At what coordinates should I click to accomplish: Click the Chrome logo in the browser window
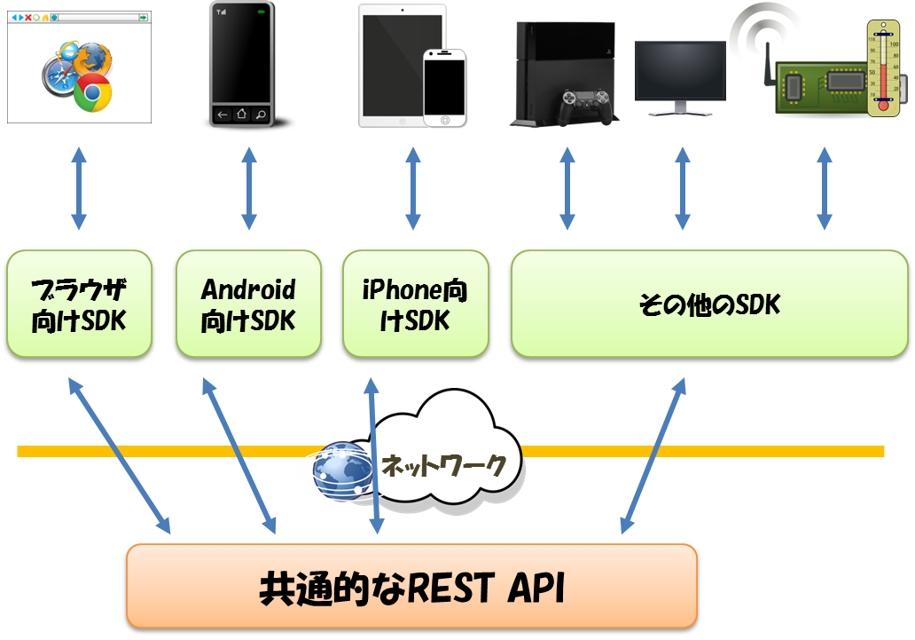(x=92, y=92)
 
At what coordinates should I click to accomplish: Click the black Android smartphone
(x=240, y=64)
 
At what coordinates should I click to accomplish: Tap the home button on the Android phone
(x=240, y=114)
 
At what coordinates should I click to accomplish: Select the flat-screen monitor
(x=680, y=76)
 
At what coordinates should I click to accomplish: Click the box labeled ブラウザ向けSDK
(x=79, y=304)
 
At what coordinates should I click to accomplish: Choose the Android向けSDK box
(x=248, y=304)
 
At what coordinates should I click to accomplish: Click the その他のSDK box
(x=709, y=304)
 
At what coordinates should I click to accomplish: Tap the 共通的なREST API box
(x=412, y=586)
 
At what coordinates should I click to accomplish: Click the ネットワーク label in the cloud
(x=443, y=463)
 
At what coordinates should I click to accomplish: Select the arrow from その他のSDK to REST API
(x=653, y=455)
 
